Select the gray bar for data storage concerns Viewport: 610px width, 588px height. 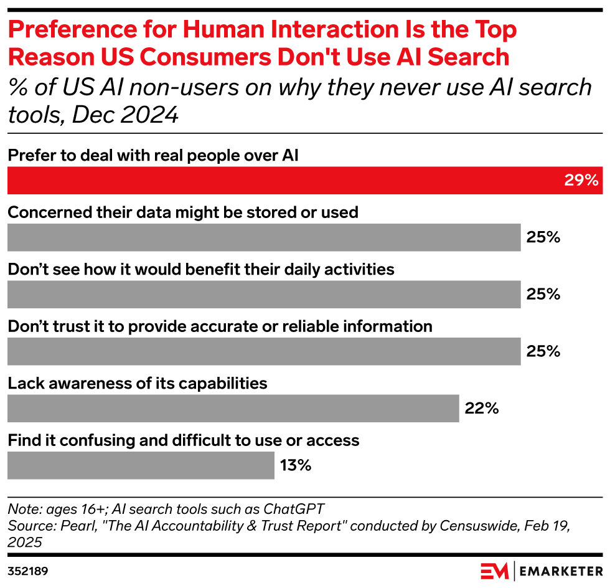pyautogui.click(x=263, y=237)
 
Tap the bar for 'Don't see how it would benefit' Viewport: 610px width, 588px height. pyautogui.click(x=263, y=294)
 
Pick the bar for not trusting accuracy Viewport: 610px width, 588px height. pyautogui.click(x=263, y=351)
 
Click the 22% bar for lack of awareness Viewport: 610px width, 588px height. pyautogui.click(x=233, y=409)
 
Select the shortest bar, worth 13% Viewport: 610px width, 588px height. pyautogui.click(x=141, y=465)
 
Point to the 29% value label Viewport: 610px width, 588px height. pyautogui.click(x=581, y=181)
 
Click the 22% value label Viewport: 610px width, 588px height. pyautogui.click(x=482, y=409)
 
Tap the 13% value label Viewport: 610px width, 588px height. pyautogui.click(x=296, y=465)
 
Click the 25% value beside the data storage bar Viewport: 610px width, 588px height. pyautogui.click(x=543, y=237)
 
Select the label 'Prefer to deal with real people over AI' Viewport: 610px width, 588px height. pyautogui.click(x=153, y=156)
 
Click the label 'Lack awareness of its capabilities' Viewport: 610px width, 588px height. pyautogui.click(x=138, y=382)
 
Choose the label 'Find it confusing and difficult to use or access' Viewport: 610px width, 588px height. pyautogui.click(x=184, y=440)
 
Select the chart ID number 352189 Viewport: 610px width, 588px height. pyautogui.click(x=28, y=571)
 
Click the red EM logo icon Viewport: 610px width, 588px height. pyautogui.click(x=495, y=571)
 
